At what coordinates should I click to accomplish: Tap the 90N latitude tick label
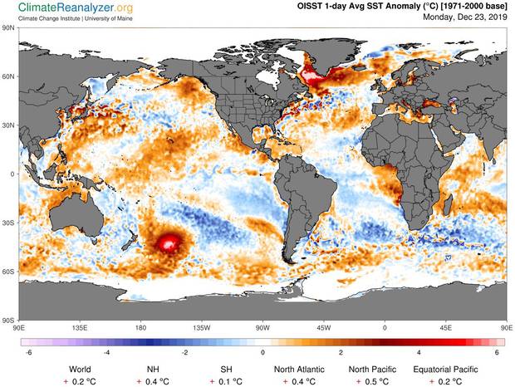point(9,27)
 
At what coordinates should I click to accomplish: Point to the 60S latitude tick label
point(9,271)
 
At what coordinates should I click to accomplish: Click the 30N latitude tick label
point(9,125)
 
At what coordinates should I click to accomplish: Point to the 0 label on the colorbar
point(263,352)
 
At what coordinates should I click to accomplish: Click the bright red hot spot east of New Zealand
point(169,242)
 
